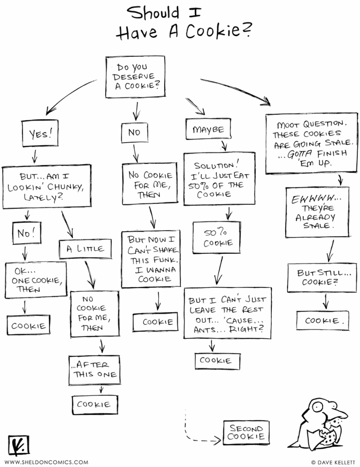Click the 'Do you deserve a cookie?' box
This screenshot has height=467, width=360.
point(135,77)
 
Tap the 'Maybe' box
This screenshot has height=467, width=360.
point(208,129)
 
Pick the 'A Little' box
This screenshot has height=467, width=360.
point(85,249)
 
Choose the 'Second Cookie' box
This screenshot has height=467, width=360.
point(246,432)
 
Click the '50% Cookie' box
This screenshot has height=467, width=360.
point(216,237)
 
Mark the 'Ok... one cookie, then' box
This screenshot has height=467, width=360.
point(36,280)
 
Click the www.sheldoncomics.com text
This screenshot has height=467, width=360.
point(46,461)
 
